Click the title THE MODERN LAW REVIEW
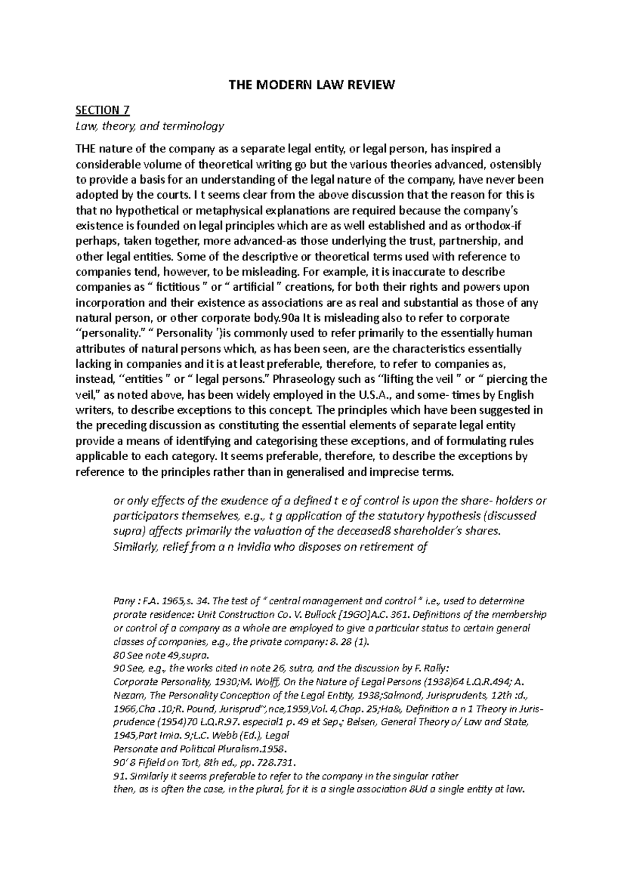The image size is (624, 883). pos(312,85)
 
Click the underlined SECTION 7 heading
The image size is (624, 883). pos(102,110)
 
